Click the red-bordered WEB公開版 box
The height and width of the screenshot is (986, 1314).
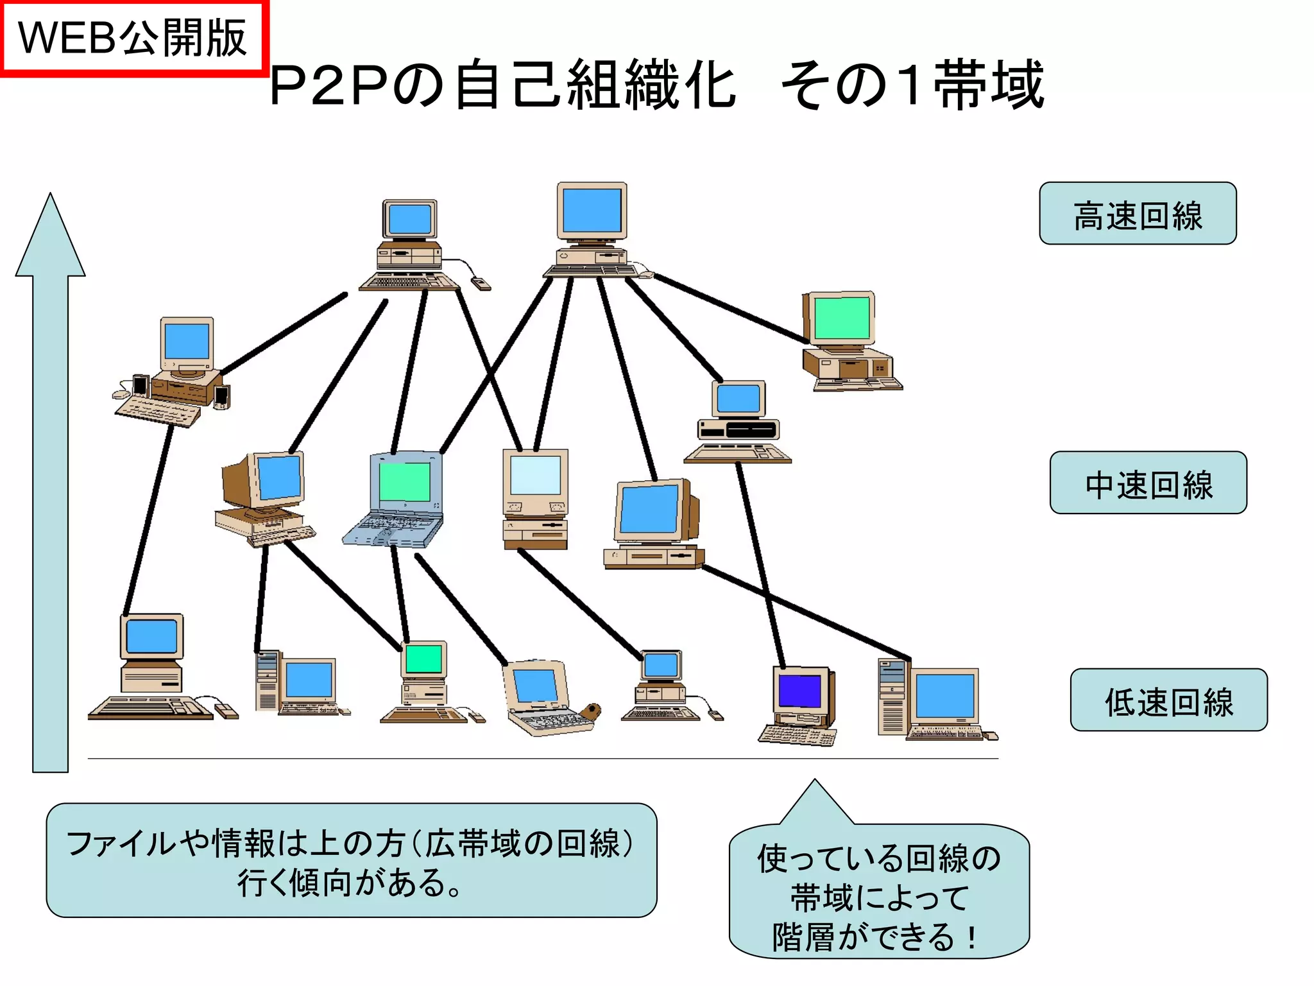tap(133, 39)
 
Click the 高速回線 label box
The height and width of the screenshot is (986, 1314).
tap(1138, 214)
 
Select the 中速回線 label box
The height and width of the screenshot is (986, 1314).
tap(1148, 483)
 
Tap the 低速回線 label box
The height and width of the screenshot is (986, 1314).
tap(1168, 700)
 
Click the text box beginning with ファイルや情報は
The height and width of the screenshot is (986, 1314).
tap(351, 860)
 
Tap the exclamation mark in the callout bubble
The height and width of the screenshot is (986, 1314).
tap(973, 937)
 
